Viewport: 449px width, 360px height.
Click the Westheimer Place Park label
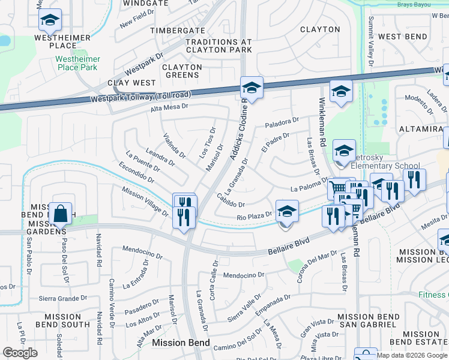click(x=76, y=63)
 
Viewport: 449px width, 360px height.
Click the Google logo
click(x=20, y=353)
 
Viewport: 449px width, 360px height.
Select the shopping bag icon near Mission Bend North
click(x=61, y=212)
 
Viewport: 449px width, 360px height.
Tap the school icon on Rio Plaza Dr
click(x=287, y=212)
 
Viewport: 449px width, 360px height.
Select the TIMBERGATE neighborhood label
click(x=177, y=30)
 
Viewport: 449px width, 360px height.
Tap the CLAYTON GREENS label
click(x=181, y=71)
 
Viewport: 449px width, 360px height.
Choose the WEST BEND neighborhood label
click(x=403, y=37)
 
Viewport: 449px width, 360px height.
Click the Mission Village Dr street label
click(x=145, y=201)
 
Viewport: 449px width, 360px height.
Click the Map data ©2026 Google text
click(x=412, y=355)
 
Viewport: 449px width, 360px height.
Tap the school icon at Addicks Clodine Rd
click(x=252, y=88)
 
